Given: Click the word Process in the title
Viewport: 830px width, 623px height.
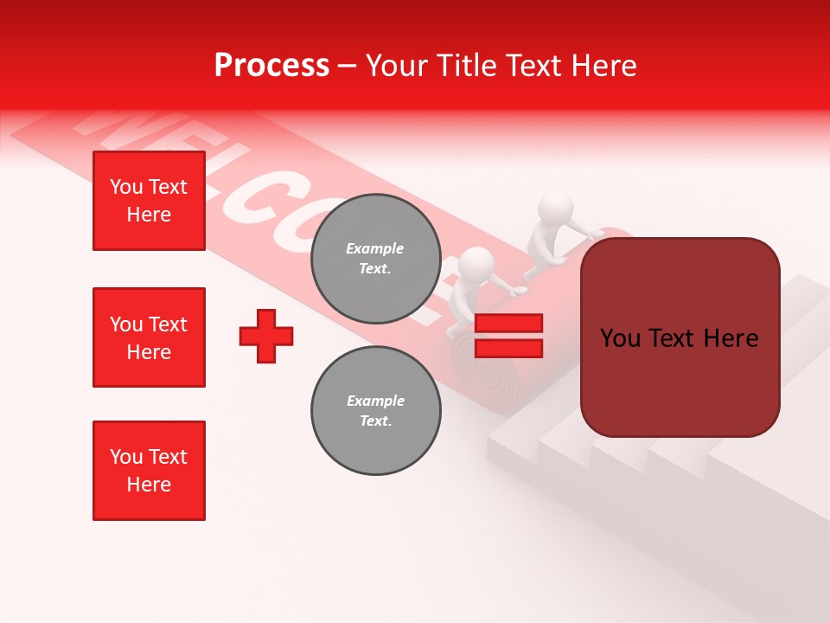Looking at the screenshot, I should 271,66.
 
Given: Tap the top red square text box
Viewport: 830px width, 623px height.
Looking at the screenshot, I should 149,201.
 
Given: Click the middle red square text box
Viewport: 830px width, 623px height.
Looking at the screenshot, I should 149,337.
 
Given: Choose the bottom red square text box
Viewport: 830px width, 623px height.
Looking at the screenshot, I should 149,471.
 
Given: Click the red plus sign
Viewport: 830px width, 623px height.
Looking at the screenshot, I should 266,336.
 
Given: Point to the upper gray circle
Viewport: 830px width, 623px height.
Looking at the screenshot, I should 375,258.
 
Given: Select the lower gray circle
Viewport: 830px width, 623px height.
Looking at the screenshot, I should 375,410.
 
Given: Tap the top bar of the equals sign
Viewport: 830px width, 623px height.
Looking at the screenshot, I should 508,324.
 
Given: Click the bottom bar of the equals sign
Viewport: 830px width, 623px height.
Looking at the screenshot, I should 508,348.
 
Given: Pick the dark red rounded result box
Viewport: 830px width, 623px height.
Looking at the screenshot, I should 680,337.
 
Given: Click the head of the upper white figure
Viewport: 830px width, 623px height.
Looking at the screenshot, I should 555,209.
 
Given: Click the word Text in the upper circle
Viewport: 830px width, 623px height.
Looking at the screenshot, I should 373,269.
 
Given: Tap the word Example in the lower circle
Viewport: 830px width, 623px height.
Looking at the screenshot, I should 375,401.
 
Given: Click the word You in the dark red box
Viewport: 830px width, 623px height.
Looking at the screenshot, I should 621,338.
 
